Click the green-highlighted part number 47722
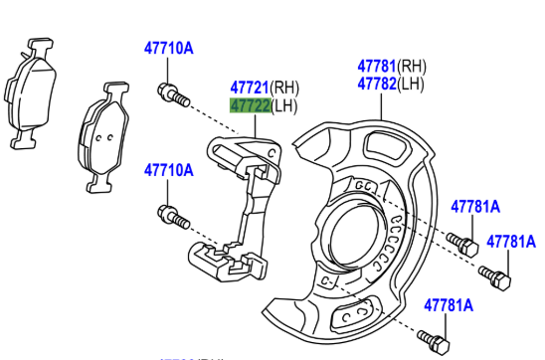click(x=250, y=105)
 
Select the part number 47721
click(x=250, y=88)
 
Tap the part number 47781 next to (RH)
click(x=377, y=66)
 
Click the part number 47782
click(x=377, y=84)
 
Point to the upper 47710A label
click(x=169, y=48)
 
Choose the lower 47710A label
click(x=169, y=170)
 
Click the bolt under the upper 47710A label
click(x=173, y=94)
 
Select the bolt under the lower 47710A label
click(x=173, y=217)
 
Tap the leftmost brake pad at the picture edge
click(x=30, y=93)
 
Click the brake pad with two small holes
click(x=103, y=137)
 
